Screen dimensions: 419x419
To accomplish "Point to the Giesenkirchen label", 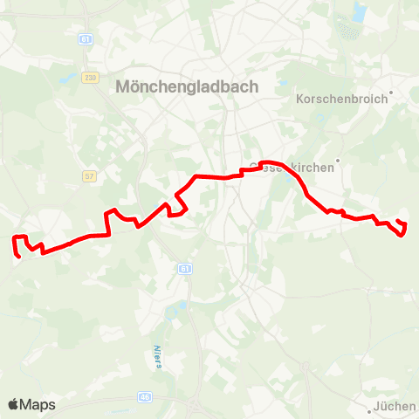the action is [x=292, y=168].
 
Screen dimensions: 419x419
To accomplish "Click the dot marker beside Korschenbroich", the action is [x=391, y=91].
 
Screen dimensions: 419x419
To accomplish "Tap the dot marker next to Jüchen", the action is [x=370, y=406].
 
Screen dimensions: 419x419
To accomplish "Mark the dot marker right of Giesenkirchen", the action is [x=337, y=160].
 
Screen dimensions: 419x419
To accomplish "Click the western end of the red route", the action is [x=18, y=257].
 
